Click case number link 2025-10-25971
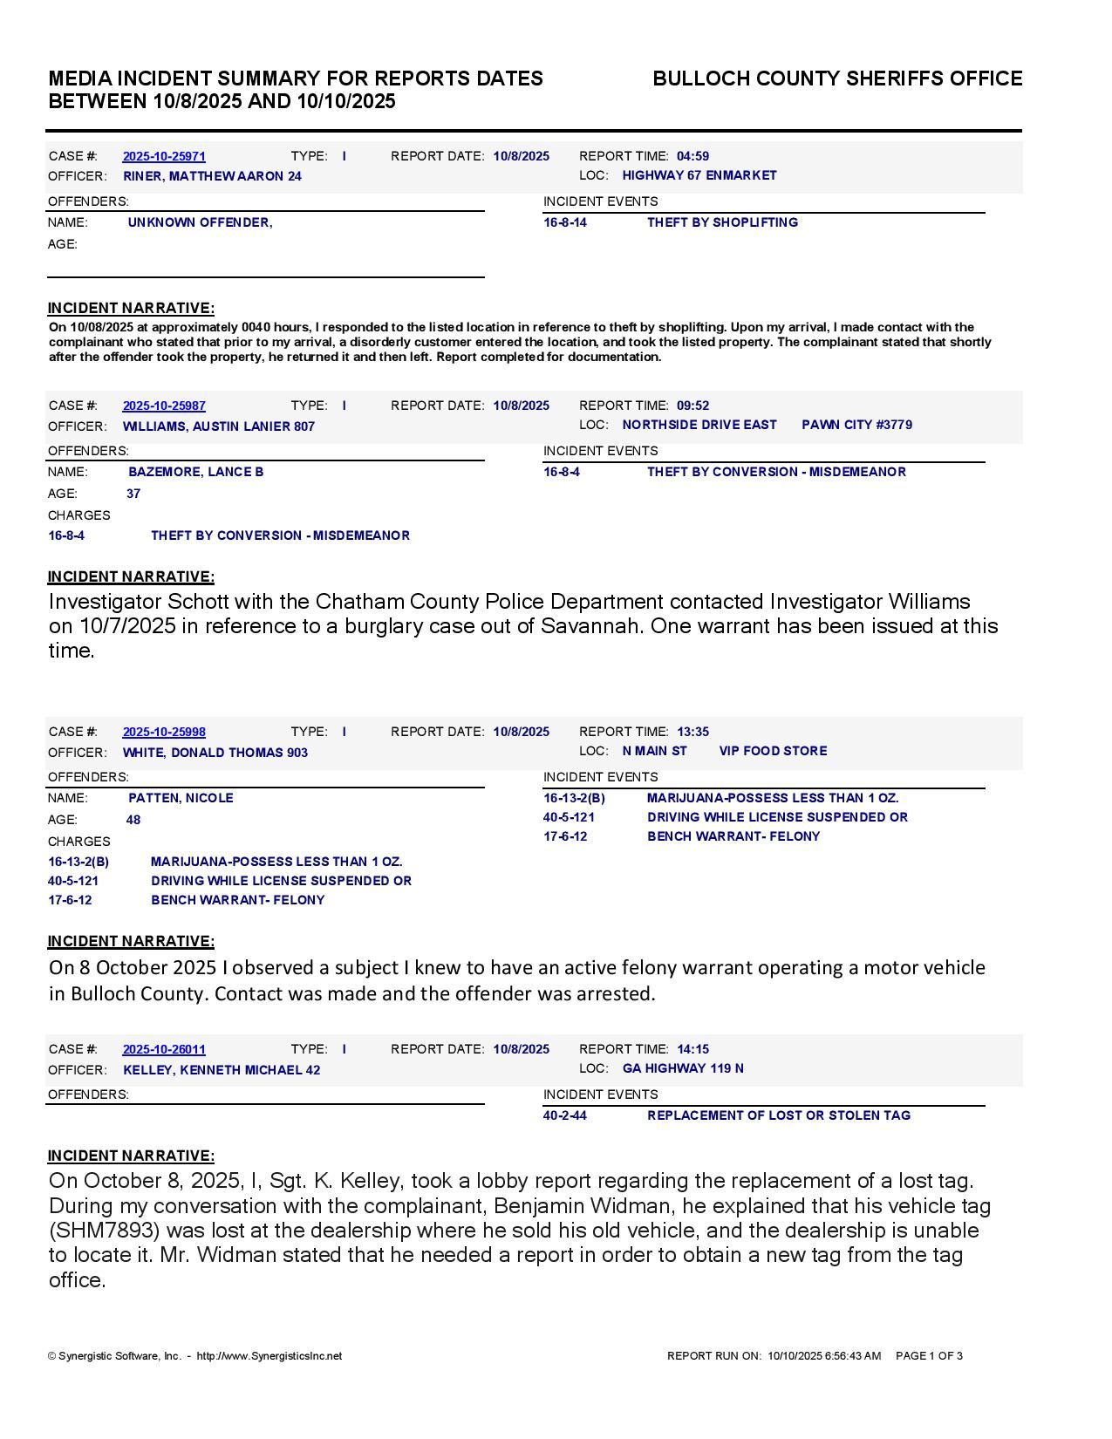164,157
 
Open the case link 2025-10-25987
164,406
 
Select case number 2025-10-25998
164,733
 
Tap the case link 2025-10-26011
164,1050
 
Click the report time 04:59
692,157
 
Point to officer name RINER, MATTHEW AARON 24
212,177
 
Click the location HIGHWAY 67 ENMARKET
699,176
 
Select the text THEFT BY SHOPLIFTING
722,223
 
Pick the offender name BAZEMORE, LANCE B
196,473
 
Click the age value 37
133,494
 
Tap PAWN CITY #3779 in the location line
856,426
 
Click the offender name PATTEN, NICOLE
181,799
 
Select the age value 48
133,821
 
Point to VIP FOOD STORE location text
773,752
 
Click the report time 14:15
692,1050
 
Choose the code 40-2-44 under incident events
565,1116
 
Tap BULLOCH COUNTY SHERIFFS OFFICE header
837,79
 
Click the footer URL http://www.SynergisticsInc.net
269,1357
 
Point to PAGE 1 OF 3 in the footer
929,1357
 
